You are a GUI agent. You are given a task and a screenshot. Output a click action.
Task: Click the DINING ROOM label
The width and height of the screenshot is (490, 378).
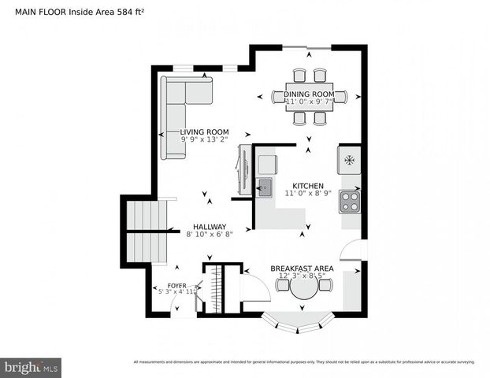310,94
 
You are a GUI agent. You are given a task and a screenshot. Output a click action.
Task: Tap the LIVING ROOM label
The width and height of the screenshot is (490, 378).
204,132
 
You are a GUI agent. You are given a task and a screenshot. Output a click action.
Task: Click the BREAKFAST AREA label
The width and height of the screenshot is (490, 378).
302,269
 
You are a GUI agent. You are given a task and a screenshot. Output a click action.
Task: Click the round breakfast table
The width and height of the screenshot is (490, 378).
303,288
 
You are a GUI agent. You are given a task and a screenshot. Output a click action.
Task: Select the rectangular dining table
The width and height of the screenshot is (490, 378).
310,97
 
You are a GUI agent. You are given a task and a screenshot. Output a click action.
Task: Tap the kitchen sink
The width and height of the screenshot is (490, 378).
265,187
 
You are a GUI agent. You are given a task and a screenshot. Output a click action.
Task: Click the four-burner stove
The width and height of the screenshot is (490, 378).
350,201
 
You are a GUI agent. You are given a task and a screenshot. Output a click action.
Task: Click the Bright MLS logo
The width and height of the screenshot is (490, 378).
31,367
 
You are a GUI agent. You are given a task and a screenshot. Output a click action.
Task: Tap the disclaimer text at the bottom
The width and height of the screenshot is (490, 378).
303,362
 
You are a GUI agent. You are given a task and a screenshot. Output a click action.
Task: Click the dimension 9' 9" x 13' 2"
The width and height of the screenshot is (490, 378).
204,140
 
